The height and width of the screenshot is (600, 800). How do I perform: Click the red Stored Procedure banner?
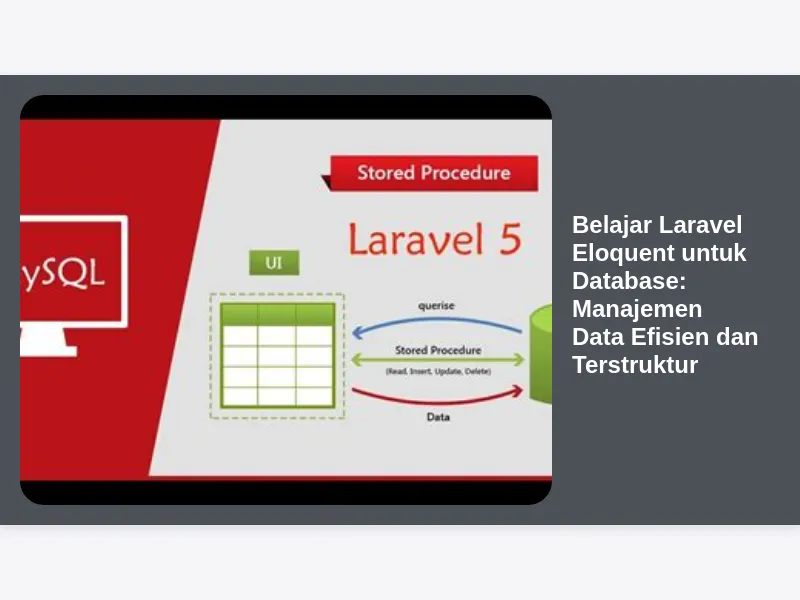pos(434,173)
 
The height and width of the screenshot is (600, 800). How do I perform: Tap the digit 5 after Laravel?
pos(510,239)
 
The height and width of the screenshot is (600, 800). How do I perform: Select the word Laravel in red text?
pos(416,239)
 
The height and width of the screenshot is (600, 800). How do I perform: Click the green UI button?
pos(274,263)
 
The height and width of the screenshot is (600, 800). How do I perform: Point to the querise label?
pos(436,306)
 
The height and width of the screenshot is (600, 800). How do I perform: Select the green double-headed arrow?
pos(438,360)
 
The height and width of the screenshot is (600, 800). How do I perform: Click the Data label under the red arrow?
pos(438,417)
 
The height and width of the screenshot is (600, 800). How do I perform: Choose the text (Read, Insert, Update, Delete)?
pos(438,371)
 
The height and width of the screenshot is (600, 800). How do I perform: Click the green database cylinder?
pos(541,355)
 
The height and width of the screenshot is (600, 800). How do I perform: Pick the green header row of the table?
pos(278,315)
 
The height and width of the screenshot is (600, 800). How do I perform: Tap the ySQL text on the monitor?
pos(63,274)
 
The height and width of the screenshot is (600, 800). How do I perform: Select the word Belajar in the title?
pos(612,226)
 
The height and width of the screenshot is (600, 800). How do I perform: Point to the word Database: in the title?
pos(629,281)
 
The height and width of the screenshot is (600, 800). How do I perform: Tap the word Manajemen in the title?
pos(637,309)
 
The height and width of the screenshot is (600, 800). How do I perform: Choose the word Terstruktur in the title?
pos(635,365)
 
